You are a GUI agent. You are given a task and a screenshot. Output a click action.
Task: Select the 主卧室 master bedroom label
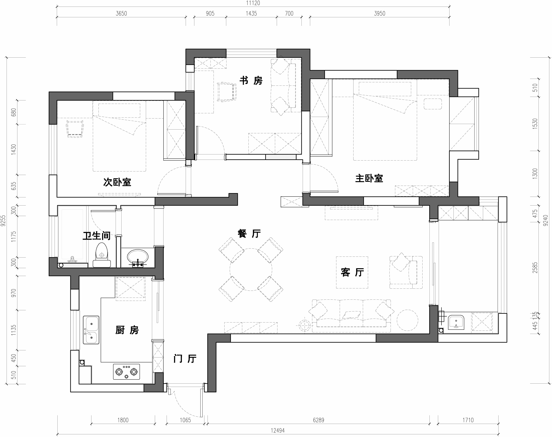point(369,178)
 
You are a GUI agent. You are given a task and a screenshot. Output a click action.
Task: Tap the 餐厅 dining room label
point(249,233)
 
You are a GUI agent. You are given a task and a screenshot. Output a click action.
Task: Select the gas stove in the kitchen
point(126,371)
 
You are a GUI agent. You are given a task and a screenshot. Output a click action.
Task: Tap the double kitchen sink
point(91,330)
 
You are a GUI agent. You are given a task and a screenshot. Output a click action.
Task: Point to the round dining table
point(251,269)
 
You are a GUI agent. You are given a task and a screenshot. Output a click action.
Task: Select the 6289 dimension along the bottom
point(318,420)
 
